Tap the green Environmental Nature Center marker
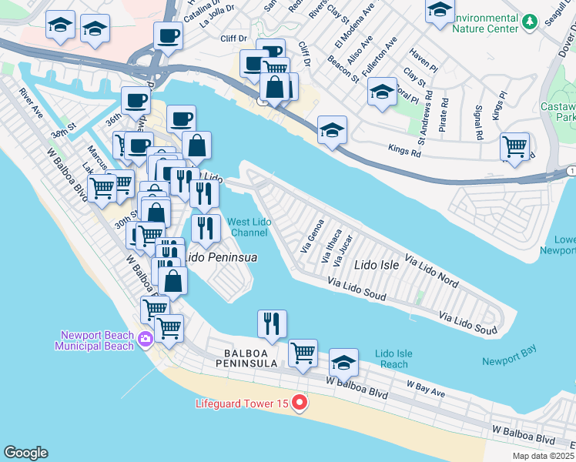(x=528, y=22)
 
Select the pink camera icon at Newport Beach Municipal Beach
(x=145, y=337)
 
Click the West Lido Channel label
(x=249, y=227)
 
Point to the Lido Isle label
(x=376, y=265)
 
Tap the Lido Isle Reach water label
(x=393, y=359)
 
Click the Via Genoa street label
(x=312, y=237)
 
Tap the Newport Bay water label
(x=509, y=361)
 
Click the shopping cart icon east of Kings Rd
(x=514, y=146)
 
